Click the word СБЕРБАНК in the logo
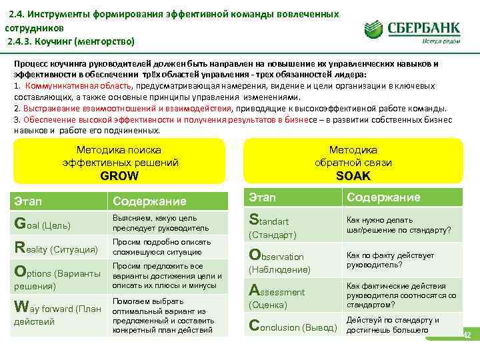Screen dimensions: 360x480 tap(425, 27)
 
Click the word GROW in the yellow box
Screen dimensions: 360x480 tap(119, 176)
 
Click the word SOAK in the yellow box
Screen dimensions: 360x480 tap(353, 176)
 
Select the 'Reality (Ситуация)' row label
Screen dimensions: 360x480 tap(56, 248)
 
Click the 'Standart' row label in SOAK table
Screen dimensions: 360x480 tap(269, 220)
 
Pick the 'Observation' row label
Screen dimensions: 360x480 tap(276, 256)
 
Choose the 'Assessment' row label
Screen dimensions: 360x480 tap(277, 291)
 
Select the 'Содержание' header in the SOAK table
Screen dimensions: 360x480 tap(383, 197)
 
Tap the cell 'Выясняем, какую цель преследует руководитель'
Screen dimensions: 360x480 tap(160, 223)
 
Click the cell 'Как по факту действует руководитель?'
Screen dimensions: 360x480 tap(389, 260)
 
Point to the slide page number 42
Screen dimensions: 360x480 tap(467, 335)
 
